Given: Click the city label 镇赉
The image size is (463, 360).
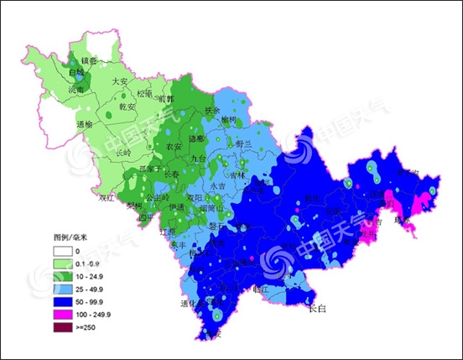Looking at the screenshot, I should click(89, 60).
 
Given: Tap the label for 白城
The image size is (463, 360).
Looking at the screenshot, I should click(76, 73).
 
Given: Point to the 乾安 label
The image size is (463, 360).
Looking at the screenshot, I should click(127, 107).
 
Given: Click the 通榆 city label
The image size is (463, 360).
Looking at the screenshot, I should click(84, 124).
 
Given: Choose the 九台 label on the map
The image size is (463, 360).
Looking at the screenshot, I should click(199, 158).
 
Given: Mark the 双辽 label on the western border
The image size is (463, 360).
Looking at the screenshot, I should click(107, 199).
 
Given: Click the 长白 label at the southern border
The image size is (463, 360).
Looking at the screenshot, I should click(316, 310).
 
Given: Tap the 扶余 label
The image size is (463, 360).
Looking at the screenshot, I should click(213, 110).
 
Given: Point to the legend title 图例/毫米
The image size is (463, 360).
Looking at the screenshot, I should click(70, 237).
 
